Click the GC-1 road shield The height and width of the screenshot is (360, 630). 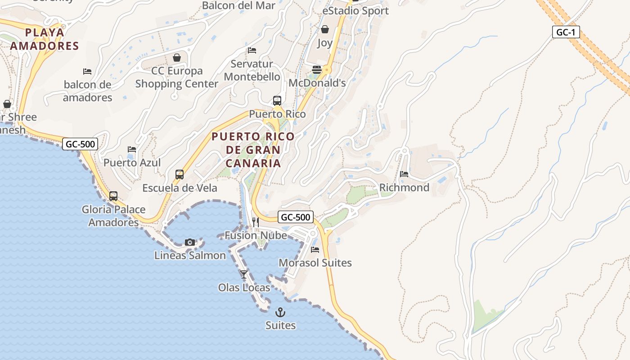[566, 32]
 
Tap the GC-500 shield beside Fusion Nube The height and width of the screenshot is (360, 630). [295, 217]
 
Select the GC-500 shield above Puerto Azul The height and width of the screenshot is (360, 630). [80, 144]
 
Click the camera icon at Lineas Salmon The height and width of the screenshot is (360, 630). [190, 243]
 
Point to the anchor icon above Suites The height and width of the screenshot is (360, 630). [280, 312]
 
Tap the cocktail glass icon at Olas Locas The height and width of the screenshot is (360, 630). [244, 274]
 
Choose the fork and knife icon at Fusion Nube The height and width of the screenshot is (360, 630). [256, 222]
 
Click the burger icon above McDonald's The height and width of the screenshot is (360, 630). [317, 70]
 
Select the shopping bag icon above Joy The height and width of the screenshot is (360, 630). [325, 30]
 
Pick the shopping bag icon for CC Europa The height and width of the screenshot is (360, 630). [177, 58]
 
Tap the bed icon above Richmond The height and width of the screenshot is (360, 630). [404, 174]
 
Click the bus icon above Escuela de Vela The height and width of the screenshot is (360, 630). [180, 174]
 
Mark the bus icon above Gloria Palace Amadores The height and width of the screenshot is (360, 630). [113, 196]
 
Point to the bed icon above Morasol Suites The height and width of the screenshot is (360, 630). [315, 249]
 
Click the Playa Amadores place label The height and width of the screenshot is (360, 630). [45, 39]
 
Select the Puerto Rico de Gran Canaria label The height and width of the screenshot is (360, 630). [253, 149]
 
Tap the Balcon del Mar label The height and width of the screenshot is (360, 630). [238, 5]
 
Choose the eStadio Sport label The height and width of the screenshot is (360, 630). [355, 10]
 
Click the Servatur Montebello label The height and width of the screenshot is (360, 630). [252, 70]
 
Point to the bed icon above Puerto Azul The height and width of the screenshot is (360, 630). [132, 149]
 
